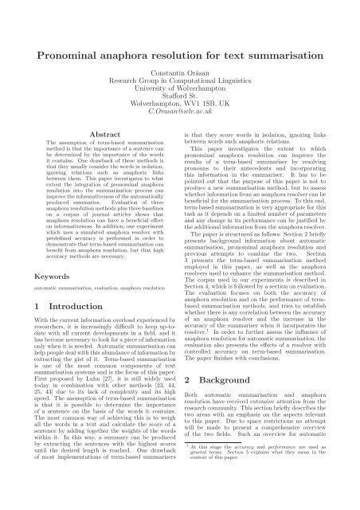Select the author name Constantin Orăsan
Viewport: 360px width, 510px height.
(179, 71)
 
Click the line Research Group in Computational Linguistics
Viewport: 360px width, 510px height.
(179, 81)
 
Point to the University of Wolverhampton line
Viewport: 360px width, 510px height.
(179, 92)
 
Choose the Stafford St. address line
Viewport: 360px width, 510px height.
(179, 102)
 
